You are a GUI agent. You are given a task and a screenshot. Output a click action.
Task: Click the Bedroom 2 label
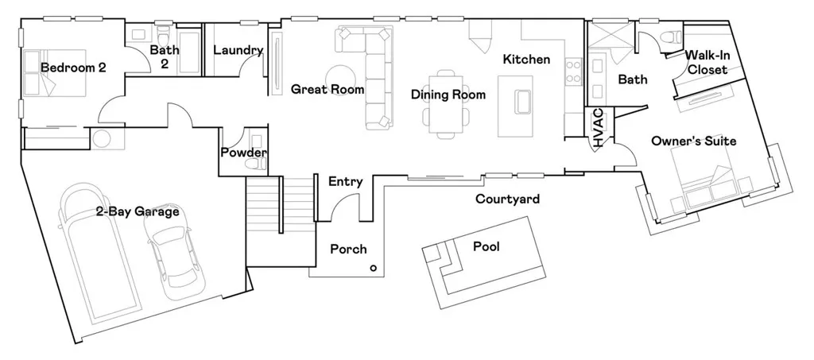pyautogui.click(x=73, y=68)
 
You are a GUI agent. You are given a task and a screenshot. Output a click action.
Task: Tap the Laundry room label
pyautogui.click(x=238, y=51)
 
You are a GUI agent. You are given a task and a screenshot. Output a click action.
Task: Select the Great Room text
pyautogui.click(x=328, y=89)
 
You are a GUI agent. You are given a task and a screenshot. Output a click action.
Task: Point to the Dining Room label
pyautogui.click(x=448, y=95)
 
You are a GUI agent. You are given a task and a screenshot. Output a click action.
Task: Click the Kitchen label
pyautogui.click(x=526, y=60)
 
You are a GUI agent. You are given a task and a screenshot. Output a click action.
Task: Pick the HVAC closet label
pyautogui.click(x=599, y=128)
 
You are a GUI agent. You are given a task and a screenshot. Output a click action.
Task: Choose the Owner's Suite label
pyautogui.click(x=693, y=141)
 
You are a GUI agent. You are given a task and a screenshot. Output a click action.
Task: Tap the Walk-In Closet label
pyautogui.click(x=707, y=62)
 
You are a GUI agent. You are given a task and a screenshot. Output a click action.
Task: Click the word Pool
pyautogui.click(x=486, y=246)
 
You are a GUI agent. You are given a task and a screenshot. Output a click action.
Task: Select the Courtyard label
pyautogui.click(x=507, y=199)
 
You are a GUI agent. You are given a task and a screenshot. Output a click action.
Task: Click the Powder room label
pyautogui.click(x=244, y=153)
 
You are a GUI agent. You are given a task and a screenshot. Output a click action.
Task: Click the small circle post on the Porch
pyautogui.click(x=373, y=269)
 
